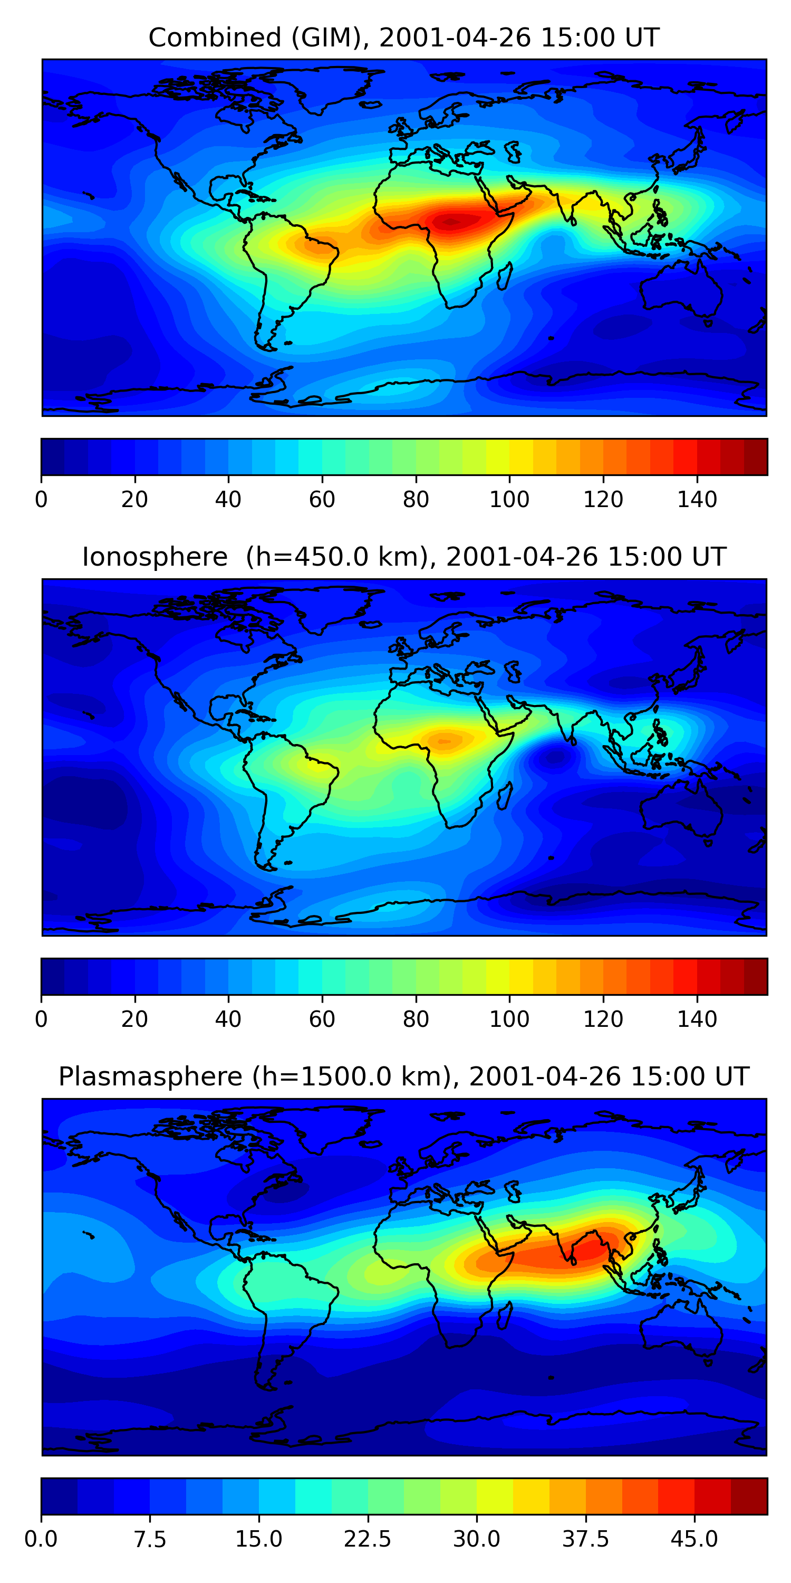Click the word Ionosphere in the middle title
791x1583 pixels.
point(155,557)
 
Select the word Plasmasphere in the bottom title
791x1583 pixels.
point(150,1076)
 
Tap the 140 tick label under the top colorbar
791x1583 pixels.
point(697,500)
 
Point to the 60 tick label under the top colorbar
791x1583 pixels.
point(322,500)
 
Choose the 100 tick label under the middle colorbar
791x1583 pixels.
point(509,1019)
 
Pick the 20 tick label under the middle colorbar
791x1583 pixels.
point(134,1019)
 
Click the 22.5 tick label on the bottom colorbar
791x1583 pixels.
point(367,1539)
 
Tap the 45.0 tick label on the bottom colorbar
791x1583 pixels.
point(694,1539)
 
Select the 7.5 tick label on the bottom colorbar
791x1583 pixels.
point(150,1539)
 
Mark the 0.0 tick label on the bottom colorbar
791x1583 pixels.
point(41,1539)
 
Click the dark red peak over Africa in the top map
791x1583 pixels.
point(451,222)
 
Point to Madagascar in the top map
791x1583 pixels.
point(505,276)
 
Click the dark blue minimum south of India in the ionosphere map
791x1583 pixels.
point(556,758)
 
